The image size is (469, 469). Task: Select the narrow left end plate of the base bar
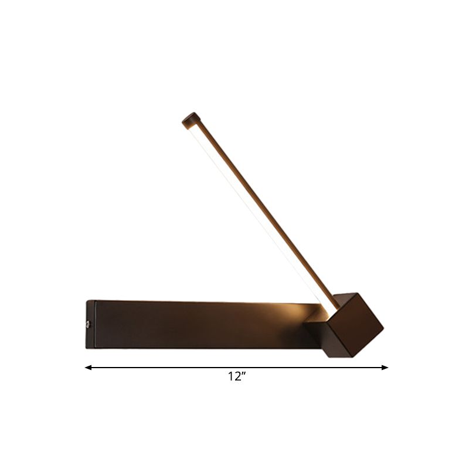(x=90, y=324)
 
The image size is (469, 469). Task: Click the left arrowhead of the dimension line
(x=88, y=368)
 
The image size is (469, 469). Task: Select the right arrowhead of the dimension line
(x=385, y=368)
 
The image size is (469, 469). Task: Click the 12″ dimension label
(x=236, y=378)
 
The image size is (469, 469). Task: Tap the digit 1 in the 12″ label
(x=231, y=378)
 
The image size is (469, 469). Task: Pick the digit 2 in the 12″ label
(x=236, y=378)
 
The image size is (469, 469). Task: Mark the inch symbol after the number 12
(x=242, y=375)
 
